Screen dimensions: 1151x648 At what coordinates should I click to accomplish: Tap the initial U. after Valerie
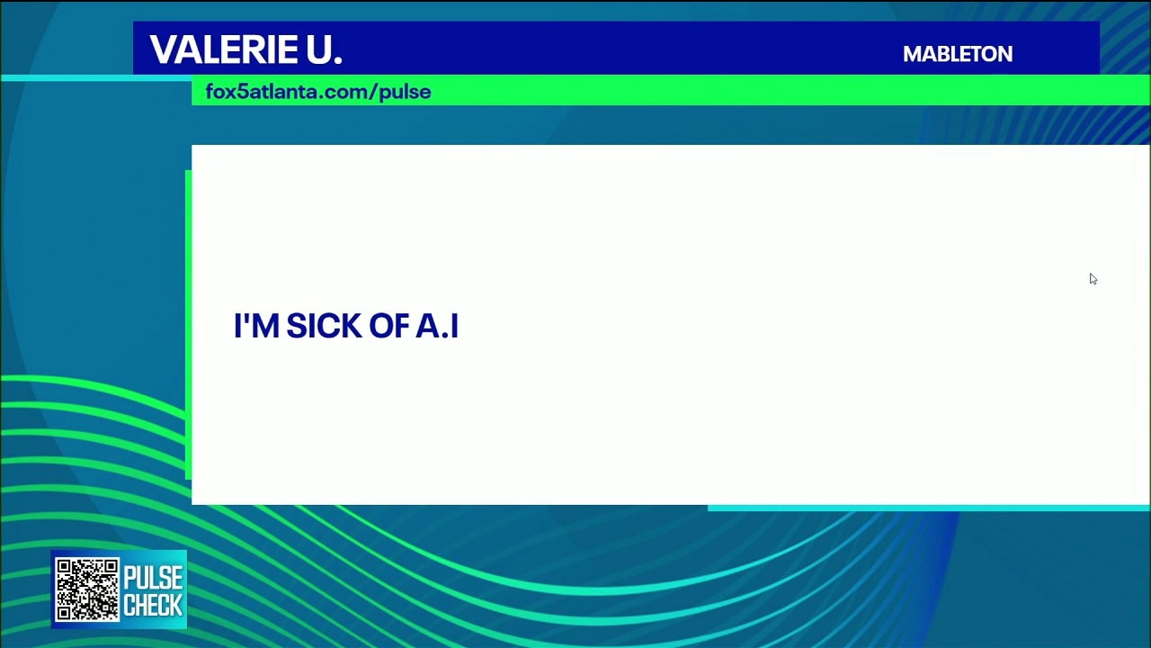[x=325, y=49]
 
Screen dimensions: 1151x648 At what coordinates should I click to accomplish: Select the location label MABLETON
[x=958, y=54]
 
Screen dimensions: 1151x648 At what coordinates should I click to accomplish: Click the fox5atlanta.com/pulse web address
[x=318, y=92]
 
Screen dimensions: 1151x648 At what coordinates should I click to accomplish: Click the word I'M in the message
[x=256, y=325]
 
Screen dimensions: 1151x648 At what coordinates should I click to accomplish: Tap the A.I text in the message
[x=437, y=326]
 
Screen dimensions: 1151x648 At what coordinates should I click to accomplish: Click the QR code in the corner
[x=87, y=589]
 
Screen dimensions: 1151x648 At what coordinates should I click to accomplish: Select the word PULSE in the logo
[x=153, y=578]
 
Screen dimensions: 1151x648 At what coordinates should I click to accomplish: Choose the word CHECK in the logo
[x=153, y=605]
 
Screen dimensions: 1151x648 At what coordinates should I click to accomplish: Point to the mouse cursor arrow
[x=1093, y=279]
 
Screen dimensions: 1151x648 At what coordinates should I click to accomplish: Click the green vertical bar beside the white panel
[x=188, y=325]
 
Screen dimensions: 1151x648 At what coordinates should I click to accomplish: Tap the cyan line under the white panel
[x=929, y=508]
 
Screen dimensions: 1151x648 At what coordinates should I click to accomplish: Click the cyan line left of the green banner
[x=96, y=78]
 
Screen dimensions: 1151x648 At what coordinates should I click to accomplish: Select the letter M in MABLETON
[x=913, y=54]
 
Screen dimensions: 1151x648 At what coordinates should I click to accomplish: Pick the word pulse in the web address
[x=406, y=93]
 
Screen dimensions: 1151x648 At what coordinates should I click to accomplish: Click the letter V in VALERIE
[x=164, y=49]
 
